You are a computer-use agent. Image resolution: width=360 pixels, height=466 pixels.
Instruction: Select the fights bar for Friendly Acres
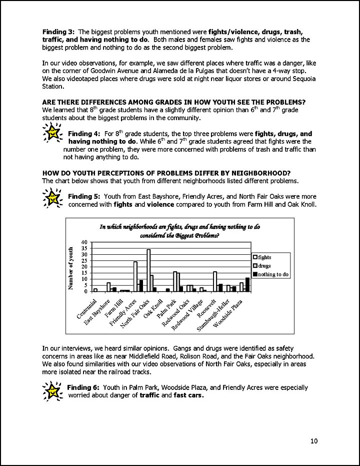coord(135,276)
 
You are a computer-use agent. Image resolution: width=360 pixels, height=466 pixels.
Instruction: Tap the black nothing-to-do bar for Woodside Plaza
coord(247,284)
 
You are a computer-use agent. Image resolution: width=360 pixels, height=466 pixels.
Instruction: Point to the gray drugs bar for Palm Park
coord(178,282)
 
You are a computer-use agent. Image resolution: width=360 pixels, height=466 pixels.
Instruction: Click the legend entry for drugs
coord(265,266)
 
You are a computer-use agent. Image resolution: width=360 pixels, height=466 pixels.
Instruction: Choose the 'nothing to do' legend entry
coord(270,274)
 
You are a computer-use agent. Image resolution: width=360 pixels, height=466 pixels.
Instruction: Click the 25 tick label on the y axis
coord(84,261)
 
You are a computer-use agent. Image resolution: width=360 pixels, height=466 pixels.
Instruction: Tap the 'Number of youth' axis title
coord(71,268)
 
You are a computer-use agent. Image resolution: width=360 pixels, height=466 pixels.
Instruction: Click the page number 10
coord(313,440)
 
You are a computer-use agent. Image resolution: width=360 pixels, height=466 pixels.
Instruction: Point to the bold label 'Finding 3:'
coord(58,31)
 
